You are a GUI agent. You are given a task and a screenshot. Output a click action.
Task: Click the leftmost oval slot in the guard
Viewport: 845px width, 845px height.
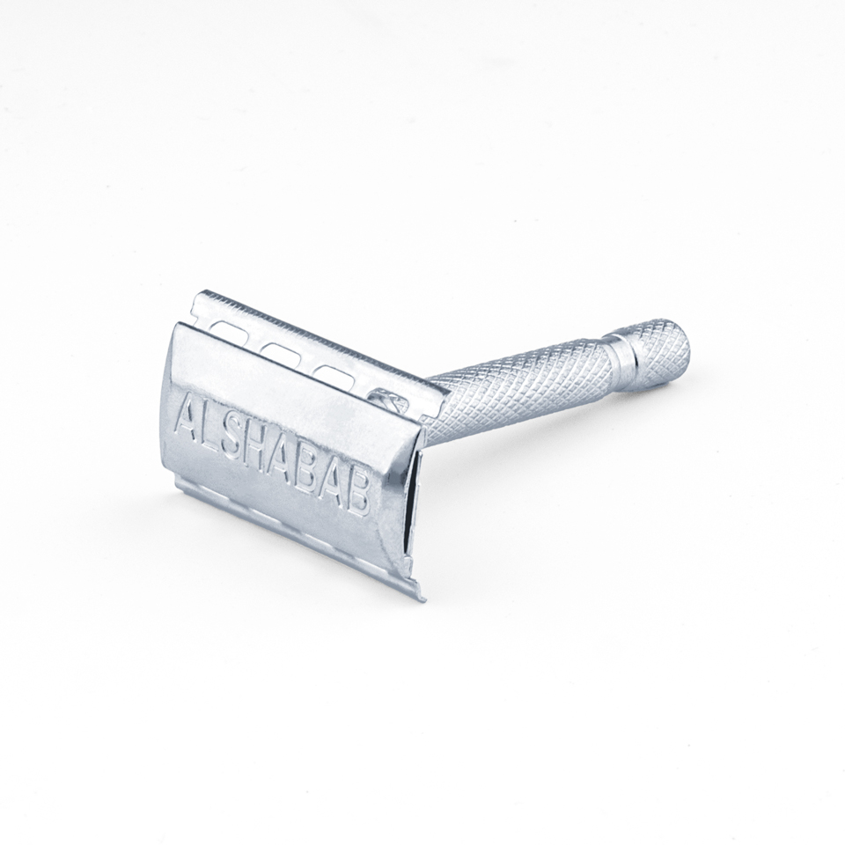pyautogui.click(x=230, y=330)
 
